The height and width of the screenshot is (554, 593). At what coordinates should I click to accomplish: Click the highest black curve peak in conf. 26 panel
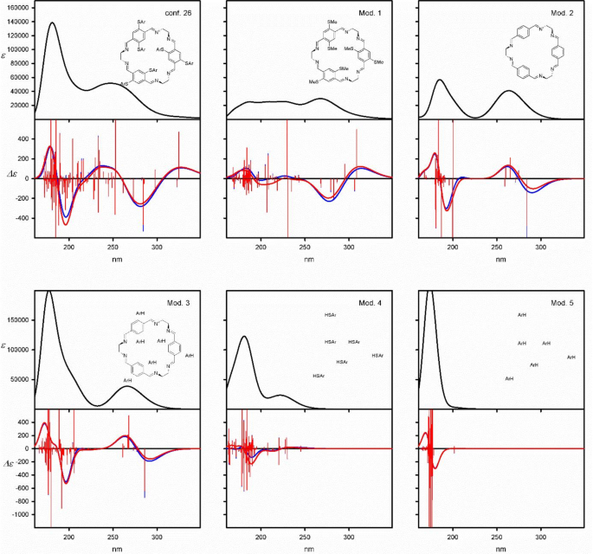[x=53, y=23]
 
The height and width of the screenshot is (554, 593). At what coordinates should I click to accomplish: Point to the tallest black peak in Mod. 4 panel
[x=244, y=336]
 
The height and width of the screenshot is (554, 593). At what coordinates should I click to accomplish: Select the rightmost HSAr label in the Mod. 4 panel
[x=378, y=356]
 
